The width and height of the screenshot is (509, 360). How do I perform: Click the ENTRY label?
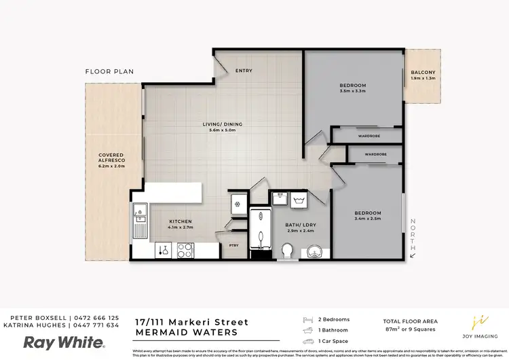pyautogui.click(x=244, y=71)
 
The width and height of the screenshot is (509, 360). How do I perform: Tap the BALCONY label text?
pyautogui.click(x=423, y=73)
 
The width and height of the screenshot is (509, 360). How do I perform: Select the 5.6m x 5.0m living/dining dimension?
pyautogui.click(x=222, y=130)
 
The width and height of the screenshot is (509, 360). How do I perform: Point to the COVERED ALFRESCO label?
pyautogui.click(x=111, y=159)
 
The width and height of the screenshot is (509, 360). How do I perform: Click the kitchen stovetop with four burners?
pyautogui.click(x=185, y=250)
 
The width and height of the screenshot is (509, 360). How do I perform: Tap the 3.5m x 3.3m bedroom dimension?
pyautogui.click(x=352, y=91)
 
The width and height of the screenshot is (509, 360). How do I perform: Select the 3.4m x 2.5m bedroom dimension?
pyautogui.click(x=368, y=219)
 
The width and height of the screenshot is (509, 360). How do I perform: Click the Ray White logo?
pyautogui.click(x=64, y=342)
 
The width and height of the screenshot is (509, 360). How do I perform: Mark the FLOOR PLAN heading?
pyautogui.click(x=109, y=71)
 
